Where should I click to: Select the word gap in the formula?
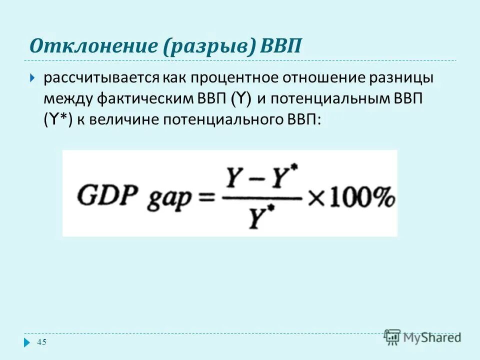170,198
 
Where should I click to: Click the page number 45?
41,342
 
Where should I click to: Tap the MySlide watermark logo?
422,337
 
